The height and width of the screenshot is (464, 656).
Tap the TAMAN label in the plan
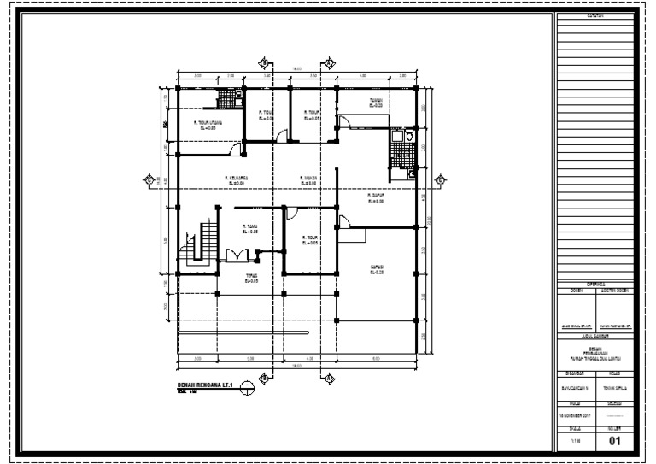374,102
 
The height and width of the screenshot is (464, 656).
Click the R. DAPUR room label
373,197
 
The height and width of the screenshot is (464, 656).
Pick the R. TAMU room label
250,228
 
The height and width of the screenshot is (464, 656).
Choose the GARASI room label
376,269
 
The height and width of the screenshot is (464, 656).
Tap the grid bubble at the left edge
149,179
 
